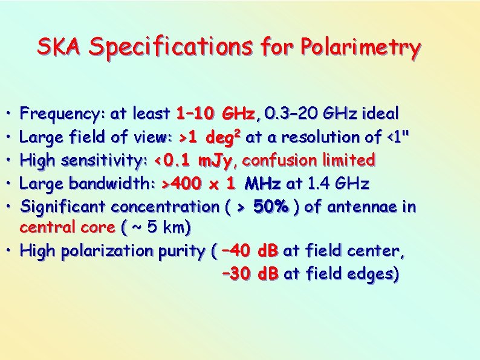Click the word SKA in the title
coord(59,47)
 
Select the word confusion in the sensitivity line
coord(276,160)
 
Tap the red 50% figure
coord(272,207)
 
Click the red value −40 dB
coord(250,250)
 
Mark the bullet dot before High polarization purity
coord(11,250)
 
